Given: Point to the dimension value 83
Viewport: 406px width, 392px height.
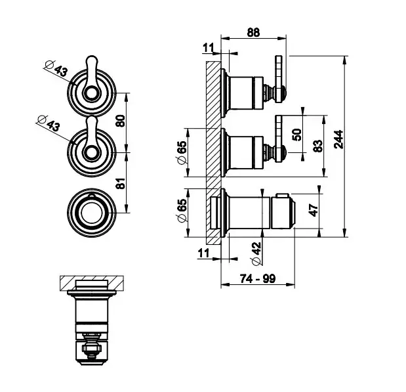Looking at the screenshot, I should pos(319,146).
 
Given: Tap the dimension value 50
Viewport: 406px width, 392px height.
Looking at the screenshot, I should pos(297,134).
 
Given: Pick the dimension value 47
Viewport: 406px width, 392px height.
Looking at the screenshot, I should pos(314,211).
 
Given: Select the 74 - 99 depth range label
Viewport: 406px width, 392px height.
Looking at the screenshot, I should pos(256,279).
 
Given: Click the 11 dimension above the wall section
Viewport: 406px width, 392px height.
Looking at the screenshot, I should pos(209,47).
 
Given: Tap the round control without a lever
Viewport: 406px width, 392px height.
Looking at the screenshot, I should pos(90,211).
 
